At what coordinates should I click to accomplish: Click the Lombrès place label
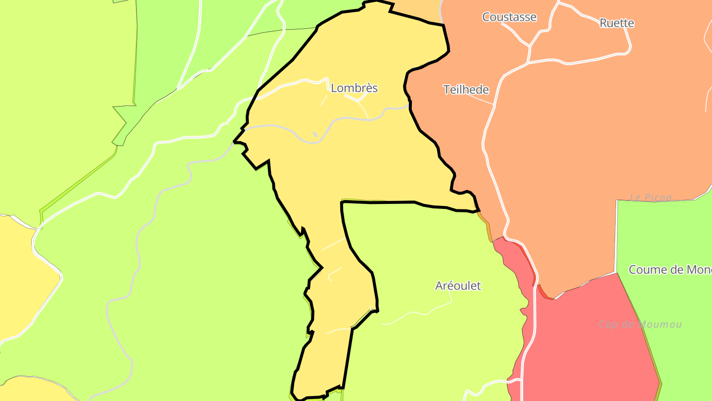(354, 88)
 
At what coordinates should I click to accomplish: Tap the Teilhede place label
(466, 90)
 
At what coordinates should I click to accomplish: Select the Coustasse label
(509, 17)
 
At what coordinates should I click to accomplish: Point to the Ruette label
(617, 23)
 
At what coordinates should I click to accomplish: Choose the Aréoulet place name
(458, 286)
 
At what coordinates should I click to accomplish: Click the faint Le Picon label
(651, 198)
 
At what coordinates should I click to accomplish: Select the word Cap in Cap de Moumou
(608, 324)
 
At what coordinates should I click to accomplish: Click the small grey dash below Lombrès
(315, 135)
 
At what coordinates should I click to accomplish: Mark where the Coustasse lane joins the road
(530, 46)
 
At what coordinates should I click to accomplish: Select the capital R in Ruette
(603, 23)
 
